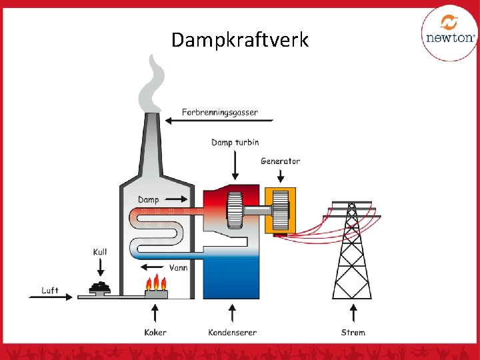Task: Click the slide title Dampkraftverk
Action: coord(240,40)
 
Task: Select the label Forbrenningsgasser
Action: coord(220,112)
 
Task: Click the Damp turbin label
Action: coord(235,142)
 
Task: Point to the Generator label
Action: coord(280,161)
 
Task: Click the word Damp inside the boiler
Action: coord(149,199)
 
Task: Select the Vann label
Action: coord(178,267)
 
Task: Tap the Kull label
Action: coord(100,252)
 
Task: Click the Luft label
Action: coord(50,291)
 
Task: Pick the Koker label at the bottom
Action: coord(155,332)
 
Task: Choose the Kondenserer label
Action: coord(232,332)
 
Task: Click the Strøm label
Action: coord(353,332)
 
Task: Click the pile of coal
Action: coord(101,287)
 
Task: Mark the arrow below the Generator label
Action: coord(281,175)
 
